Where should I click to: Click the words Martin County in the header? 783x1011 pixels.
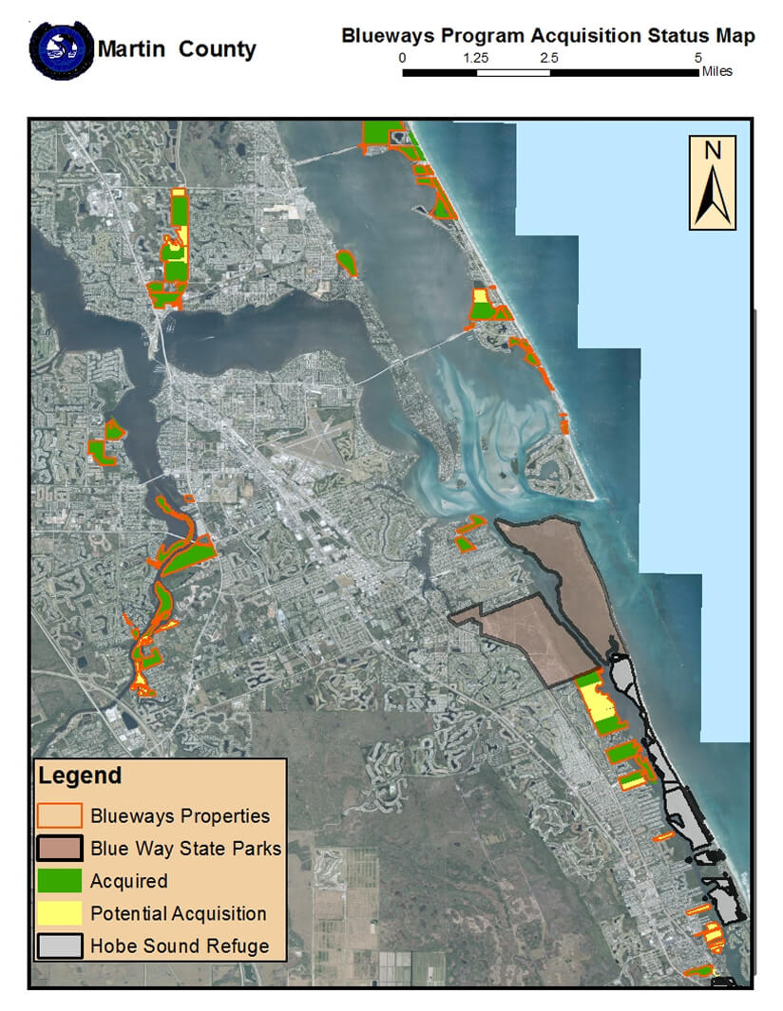pos(178,48)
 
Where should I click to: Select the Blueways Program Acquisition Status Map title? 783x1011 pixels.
pos(548,36)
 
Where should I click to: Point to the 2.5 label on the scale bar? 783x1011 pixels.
pos(549,58)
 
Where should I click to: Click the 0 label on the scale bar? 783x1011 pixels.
pos(403,58)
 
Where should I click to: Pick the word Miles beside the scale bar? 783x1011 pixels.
pos(716,72)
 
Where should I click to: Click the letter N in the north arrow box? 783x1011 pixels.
pos(713,150)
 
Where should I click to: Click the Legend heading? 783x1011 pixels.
pos(80,776)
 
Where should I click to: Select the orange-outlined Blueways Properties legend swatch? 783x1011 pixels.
pos(59,815)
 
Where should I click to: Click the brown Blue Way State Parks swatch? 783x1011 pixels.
pos(59,848)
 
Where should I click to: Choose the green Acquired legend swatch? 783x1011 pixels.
pos(59,881)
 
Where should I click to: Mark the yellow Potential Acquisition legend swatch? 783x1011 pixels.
pos(59,913)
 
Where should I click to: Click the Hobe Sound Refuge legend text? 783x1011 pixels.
pos(180,946)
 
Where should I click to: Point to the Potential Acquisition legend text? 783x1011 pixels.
pos(179,914)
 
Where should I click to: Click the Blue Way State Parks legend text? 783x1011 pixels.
pos(186,849)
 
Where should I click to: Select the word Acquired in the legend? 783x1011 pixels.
pos(129,882)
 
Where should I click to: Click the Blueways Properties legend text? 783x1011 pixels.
pos(181,816)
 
